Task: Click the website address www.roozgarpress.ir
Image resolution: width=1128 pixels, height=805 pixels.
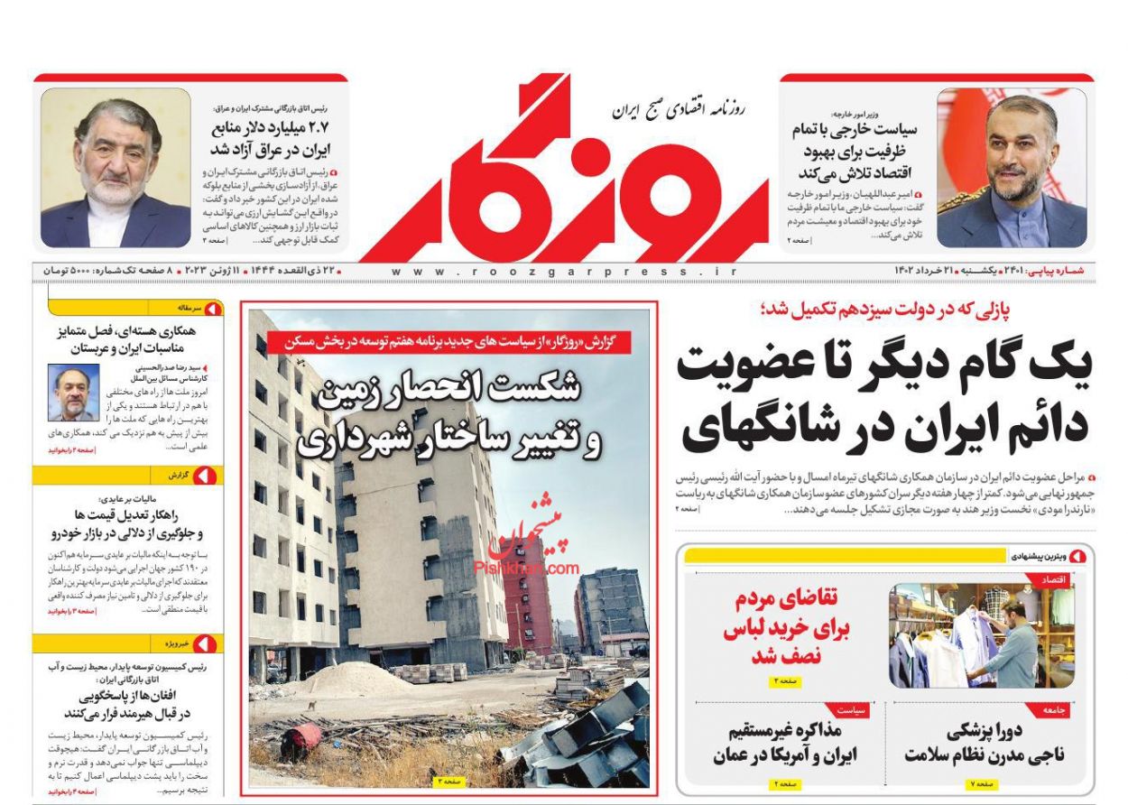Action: tap(564, 271)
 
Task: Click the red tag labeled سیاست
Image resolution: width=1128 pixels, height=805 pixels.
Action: tap(853, 710)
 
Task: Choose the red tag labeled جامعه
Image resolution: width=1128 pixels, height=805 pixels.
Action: tap(1056, 710)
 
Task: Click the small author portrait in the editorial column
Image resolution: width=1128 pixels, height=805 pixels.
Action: tap(73, 393)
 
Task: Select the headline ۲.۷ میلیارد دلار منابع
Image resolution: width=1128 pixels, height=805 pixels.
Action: tap(271, 138)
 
